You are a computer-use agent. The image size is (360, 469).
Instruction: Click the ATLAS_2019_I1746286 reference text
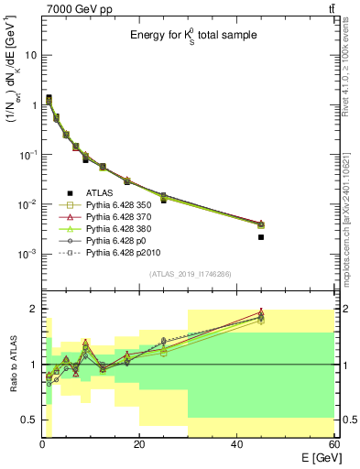189,274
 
